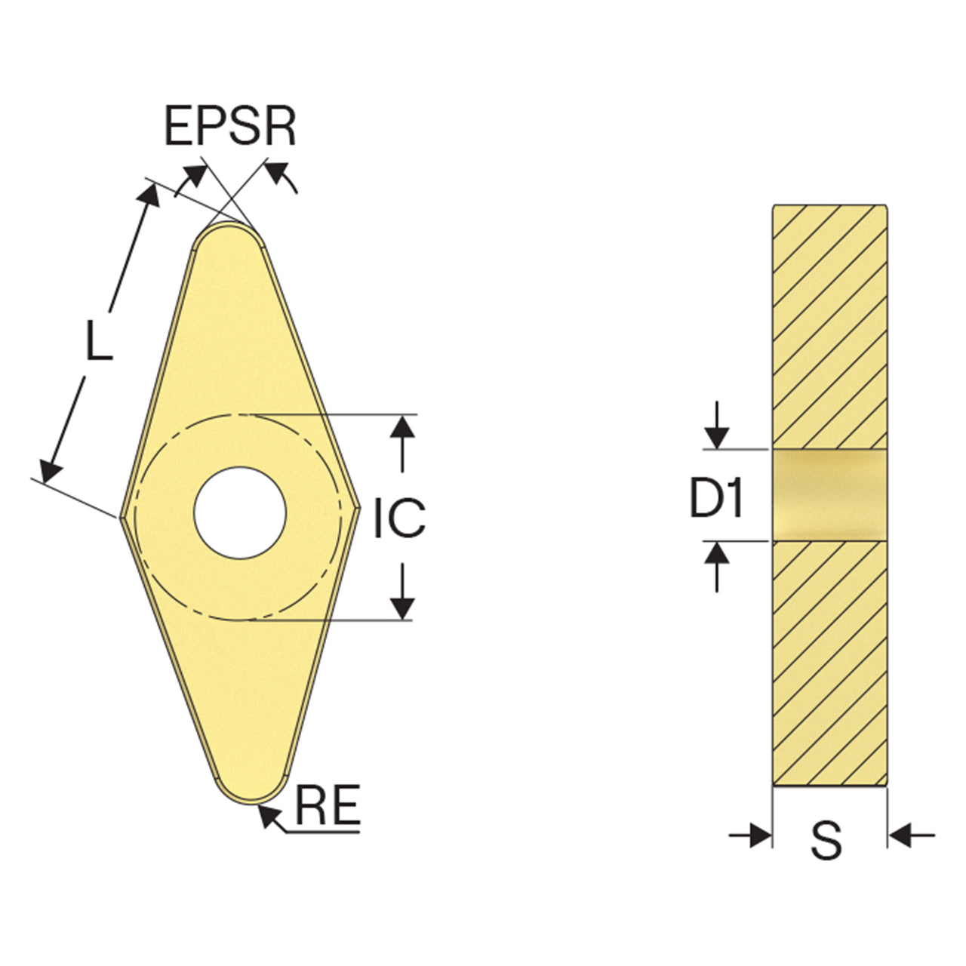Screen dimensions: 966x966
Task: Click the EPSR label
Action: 230,125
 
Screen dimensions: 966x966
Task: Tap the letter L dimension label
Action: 98,340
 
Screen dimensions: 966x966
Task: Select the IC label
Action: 399,518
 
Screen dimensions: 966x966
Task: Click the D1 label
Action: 716,497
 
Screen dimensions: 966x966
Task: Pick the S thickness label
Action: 826,854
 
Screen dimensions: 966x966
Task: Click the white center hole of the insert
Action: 240,513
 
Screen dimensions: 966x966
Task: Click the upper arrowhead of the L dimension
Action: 149,195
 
